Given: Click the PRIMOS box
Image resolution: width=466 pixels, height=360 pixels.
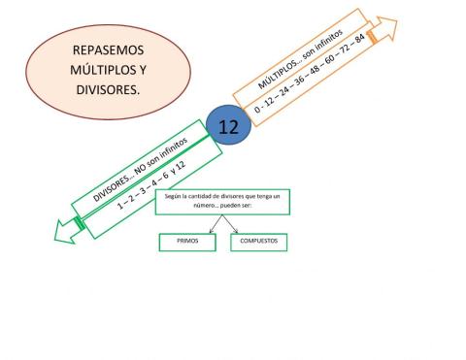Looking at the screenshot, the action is pyautogui.click(x=188, y=242).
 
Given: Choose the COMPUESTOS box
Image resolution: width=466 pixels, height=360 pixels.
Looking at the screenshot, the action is pyautogui.click(x=258, y=242).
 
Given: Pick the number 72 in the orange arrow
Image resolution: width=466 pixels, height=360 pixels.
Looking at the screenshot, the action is pyautogui.click(x=344, y=49).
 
